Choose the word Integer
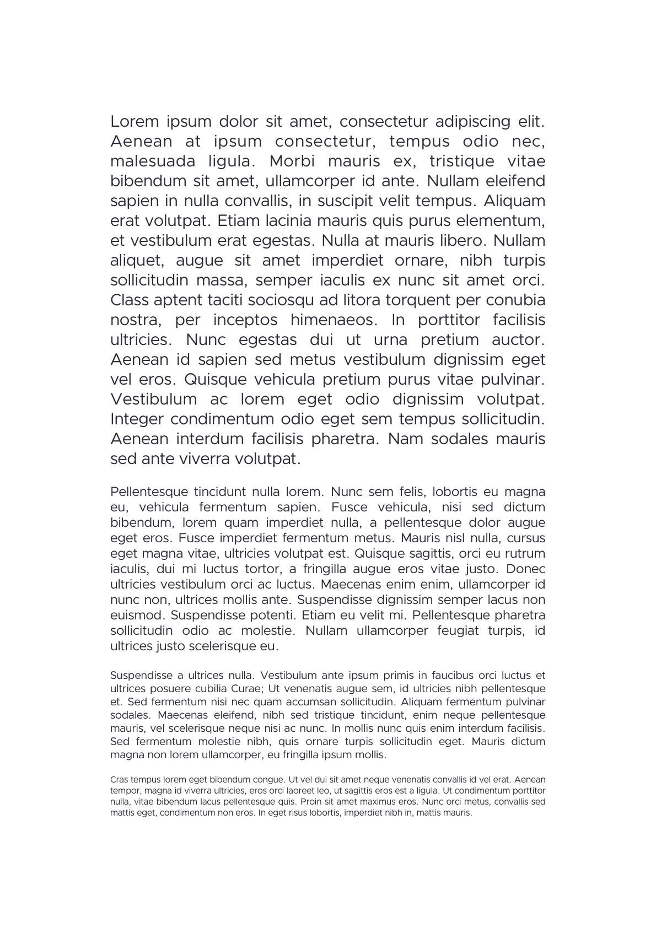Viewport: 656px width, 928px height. [137, 419]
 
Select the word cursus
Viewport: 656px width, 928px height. [526, 538]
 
